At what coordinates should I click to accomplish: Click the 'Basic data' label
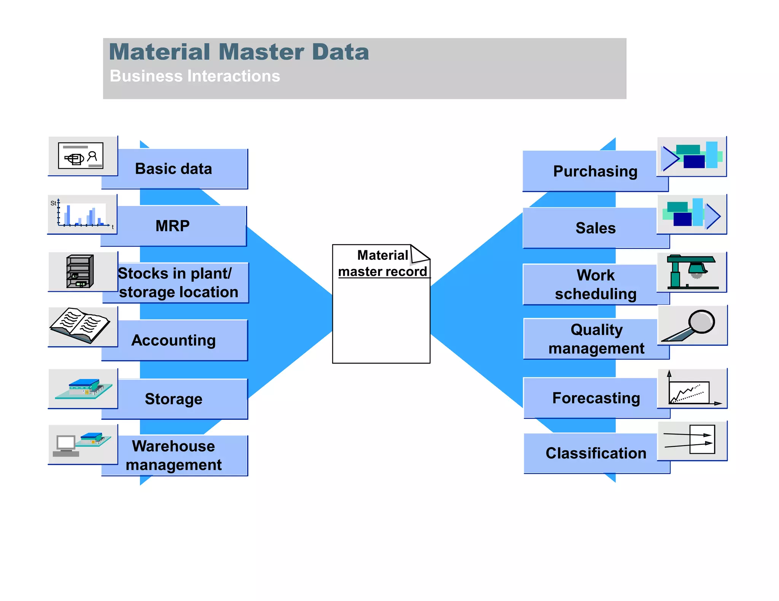tap(174, 169)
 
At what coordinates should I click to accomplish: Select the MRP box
tap(173, 226)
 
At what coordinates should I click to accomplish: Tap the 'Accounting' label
tap(174, 340)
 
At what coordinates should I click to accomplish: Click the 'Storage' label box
tap(174, 399)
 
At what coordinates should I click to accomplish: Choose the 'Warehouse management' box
tap(174, 455)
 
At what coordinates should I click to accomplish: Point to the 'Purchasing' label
tap(595, 171)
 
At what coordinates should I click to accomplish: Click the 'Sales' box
tap(595, 228)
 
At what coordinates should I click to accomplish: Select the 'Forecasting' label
tap(596, 398)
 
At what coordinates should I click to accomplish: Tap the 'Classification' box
tap(596, 453)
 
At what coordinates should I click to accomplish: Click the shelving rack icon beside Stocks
tap(80, 271)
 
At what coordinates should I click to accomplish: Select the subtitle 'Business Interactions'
tap(195, 76)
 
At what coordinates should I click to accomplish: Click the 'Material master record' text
tap(382, 263)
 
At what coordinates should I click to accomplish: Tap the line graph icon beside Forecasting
tap(690, 391)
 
